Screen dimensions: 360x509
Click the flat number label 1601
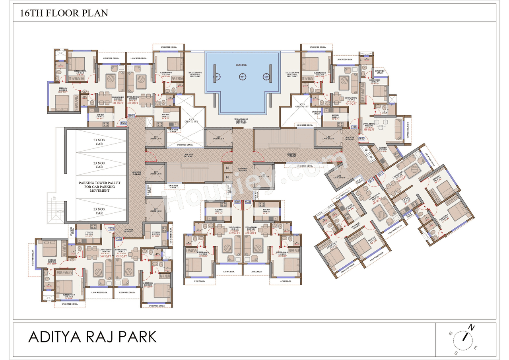pyautogui.click(x=132, y=116)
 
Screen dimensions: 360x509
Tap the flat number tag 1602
pyautogui.click(x=124, y=123)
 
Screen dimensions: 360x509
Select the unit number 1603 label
pyautogui.click(x=111, y=229)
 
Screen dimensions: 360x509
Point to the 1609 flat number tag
pyautogui.click(x=354, y=127)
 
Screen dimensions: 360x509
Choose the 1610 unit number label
pyautogui.click(x=362, y=138)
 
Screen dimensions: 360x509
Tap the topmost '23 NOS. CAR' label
pyautogui.click(x=96, y=142)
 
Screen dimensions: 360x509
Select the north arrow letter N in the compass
pyautogui.click(x=471, y=328)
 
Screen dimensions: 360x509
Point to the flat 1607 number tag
pyautogui.click(x=238, y=202)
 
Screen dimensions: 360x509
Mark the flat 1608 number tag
pyautogui.click(x=248, y=202)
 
